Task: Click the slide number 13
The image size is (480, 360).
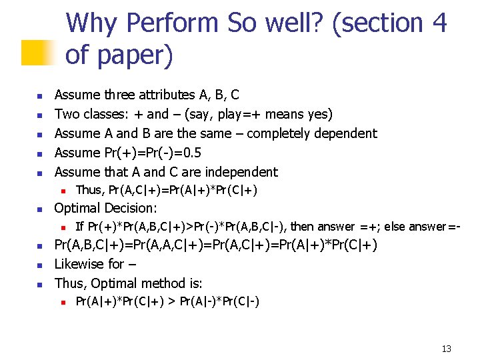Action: (x=446, y=349)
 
